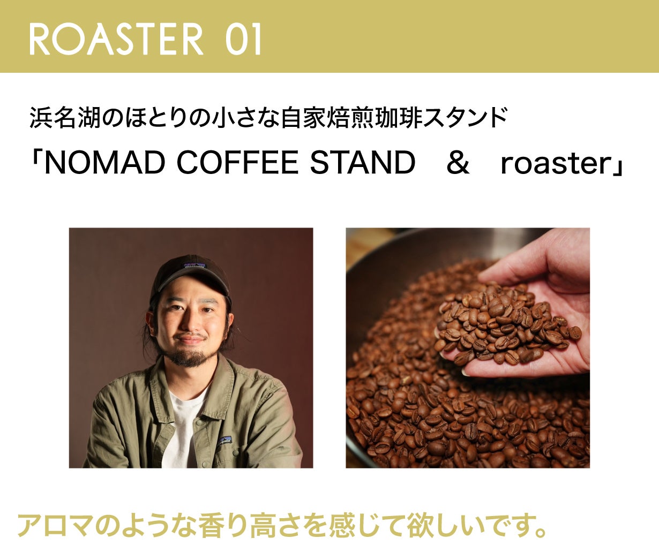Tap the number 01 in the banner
point(243,40)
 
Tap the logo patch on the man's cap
point(194,265)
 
